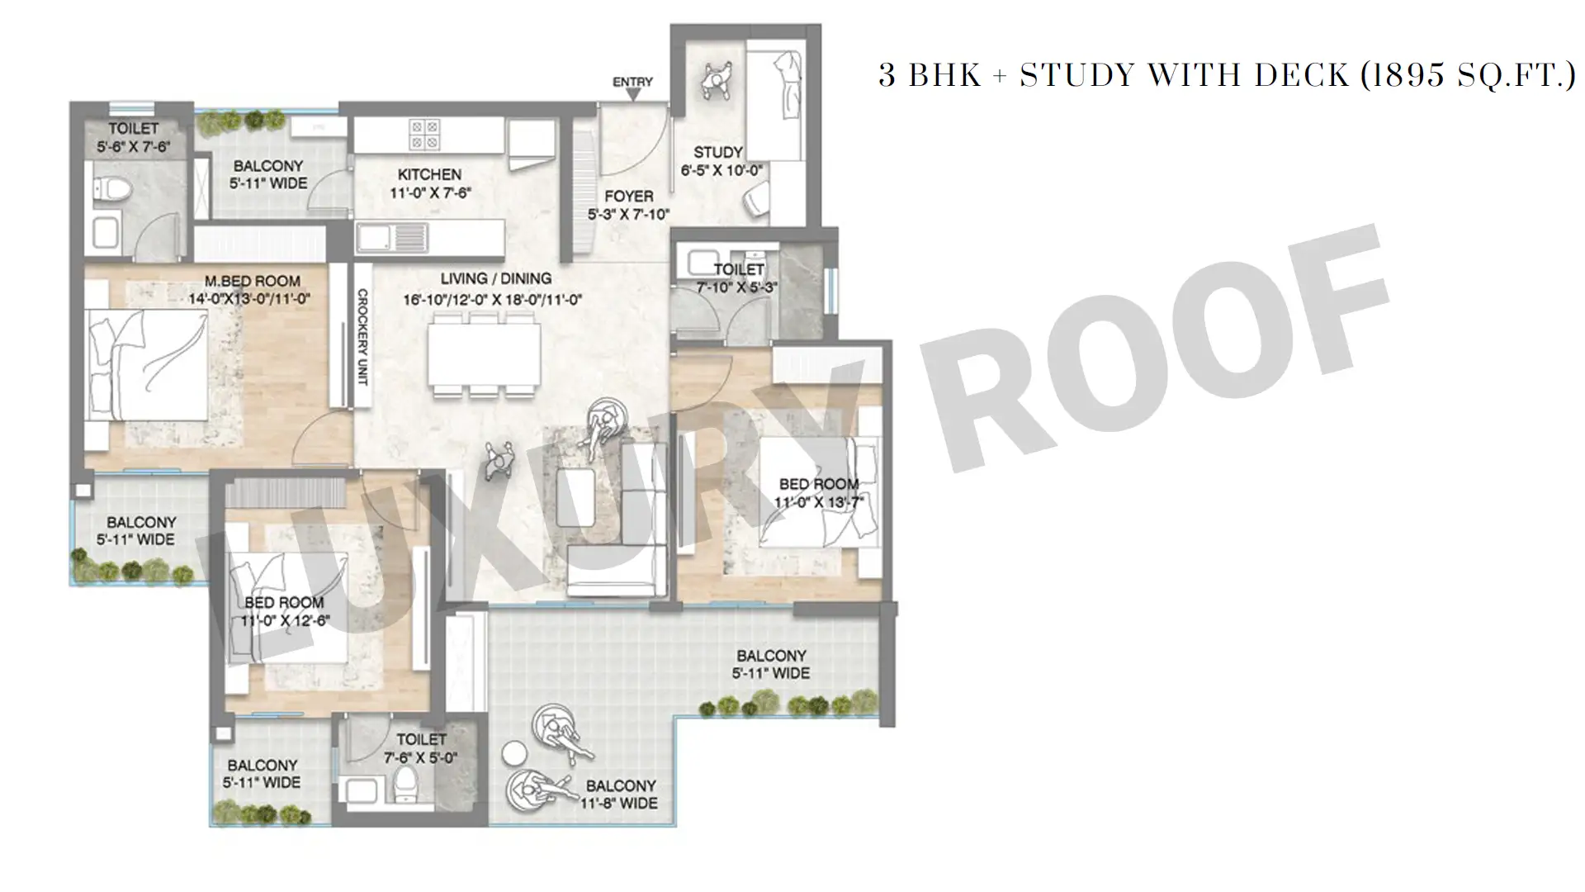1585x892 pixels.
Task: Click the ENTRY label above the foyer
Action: pyautogui.click(x=632, y=82)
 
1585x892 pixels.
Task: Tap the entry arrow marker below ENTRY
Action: pyautogui.click(x=633, y=96)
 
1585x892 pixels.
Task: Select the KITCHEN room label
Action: pyautogui.click(x=429, y=174)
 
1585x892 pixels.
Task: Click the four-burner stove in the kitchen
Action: pyautogui.click(x=425, y=135)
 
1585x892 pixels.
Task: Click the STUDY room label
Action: pyautogui.click(x=717, y=152)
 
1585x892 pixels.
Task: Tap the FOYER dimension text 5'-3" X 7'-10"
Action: pyautogui.click(x=628, y=215)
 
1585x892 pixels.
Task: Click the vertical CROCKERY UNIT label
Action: pyautogui.click(x=362, y=336)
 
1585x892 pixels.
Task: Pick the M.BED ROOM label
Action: pyautogui.click(x=253, y=281)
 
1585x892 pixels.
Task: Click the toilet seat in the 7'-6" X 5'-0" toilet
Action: pyautogui.click(x=405, y=784)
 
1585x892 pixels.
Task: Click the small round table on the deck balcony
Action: pyautogui.click(x=515, y=753)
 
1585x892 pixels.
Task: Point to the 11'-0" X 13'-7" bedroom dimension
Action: pyautogui.click(x=818, y=502)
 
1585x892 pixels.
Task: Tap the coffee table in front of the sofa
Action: pyautogui.click(x=575, y=498)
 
